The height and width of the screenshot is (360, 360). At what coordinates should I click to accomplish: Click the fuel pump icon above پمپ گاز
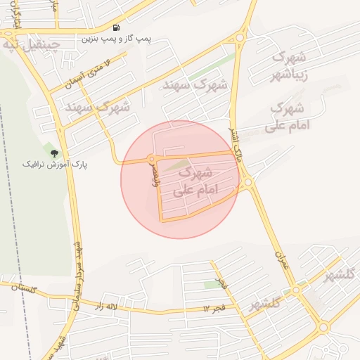coord(116,28)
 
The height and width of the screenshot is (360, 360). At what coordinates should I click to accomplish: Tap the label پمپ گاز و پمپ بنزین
coord(117,38)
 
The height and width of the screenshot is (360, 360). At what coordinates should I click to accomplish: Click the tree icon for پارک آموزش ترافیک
coord(54,153)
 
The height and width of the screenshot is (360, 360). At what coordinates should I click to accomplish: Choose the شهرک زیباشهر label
coord(289,65)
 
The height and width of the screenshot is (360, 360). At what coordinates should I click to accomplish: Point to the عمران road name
coord(280,262)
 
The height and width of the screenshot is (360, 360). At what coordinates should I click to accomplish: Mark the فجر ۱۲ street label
coord(213,307)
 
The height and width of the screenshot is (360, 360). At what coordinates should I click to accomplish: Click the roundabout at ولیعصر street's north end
coord(150,160)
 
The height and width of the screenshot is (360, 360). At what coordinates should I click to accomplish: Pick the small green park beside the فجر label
coord(212,285)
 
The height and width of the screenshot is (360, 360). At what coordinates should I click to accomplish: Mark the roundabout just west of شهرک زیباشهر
coord(240,39)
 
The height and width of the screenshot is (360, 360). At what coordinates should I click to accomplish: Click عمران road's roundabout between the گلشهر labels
coord(297,289)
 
